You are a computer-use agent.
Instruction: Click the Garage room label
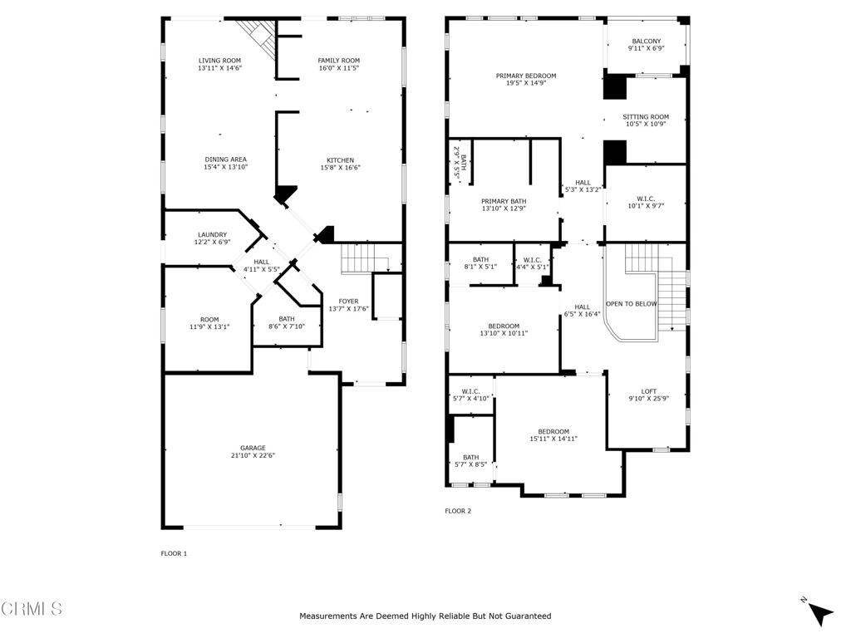click(253, 448)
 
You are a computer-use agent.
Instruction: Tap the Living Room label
click(219, 61)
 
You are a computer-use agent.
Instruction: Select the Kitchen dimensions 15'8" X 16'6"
click(340, 168)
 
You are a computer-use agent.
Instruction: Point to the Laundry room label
click(212, 235)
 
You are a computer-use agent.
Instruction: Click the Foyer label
click(348, 302)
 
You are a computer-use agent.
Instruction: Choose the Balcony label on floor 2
click(647, 42)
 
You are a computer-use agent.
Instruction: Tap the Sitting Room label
click(646, 116)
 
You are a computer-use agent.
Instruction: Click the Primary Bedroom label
click(526, 76)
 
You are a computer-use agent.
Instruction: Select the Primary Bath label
click(504, 201)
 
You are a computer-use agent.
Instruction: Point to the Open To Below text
click(632, 304)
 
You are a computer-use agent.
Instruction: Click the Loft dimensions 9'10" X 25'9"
click(648, 398)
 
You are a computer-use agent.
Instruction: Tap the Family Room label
click(339, 61)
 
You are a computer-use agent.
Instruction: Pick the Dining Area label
click(226, 159)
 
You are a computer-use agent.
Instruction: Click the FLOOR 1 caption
click(174, 553)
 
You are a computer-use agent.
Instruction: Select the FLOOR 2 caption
click(458, 511)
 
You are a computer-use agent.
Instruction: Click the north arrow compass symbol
click(819, 612)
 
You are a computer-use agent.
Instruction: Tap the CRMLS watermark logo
click(32, 608)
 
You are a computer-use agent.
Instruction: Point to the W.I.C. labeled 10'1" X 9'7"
click(646, 203)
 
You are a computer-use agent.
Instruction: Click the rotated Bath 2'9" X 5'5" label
click(460, 162)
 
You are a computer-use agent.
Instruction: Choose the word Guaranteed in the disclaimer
click(529, 616)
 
